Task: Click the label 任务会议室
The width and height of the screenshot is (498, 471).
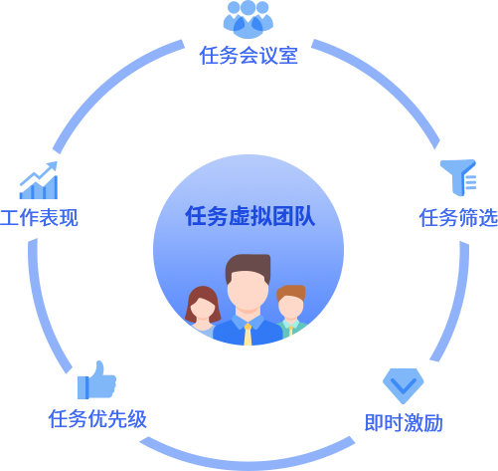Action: coord(249,56)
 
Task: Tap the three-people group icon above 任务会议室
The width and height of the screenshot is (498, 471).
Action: coord(249,19)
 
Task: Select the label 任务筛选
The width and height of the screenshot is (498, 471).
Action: coord(458,218)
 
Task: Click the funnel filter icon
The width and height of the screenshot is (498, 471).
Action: coord(458,177)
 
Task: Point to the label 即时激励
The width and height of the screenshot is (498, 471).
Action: coord(404,422)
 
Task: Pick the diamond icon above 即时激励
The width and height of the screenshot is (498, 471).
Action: coord(403,386)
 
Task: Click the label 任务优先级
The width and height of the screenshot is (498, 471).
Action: coord(97,418)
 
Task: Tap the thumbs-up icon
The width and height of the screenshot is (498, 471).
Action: coord(96,380)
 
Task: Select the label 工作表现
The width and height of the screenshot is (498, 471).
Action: coord(39,218)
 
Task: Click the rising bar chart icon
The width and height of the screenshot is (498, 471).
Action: coord(39,180)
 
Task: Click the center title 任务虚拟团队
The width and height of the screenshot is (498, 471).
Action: coord(250,216)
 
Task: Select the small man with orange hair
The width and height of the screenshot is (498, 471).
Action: coord(291,309)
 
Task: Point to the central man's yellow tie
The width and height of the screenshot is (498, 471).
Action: coord(248,335)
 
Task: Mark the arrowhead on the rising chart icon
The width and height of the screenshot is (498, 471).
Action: coord(53,166)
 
